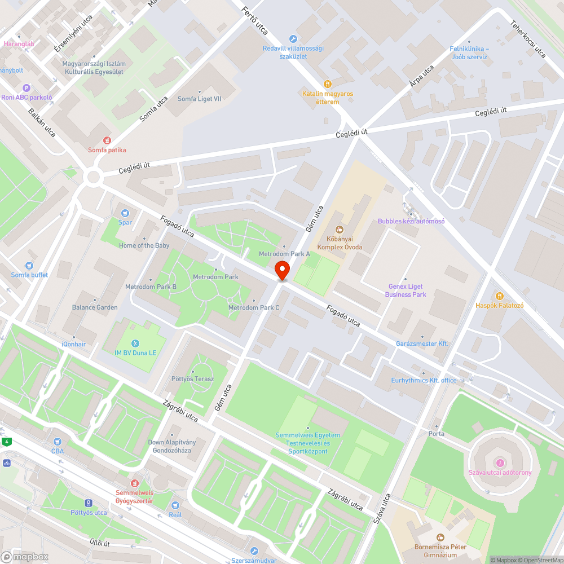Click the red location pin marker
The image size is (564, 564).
(281, 270)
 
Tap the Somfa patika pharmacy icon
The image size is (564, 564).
(107, 140)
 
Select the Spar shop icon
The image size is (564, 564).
(125, 213)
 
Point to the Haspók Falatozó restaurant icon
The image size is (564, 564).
(499, 296)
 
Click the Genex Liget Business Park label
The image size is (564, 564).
(406, 290)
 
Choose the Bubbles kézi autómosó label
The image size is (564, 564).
(411, 221)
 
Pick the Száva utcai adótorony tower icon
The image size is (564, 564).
(500, 463)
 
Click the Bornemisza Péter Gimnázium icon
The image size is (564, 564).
(440, 537)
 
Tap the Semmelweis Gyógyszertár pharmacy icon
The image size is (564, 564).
(134, 483)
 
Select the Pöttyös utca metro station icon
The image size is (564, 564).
(89, 503)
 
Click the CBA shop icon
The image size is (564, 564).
(57, 442)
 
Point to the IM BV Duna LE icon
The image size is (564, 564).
(135, 343)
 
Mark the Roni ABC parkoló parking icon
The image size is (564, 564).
(26, 88)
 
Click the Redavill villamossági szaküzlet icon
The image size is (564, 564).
(293, 39)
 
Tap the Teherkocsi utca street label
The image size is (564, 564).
(528, 39)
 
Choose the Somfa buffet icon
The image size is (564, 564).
(29, 266)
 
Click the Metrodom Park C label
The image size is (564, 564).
(254, 307)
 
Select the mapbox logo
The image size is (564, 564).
(25, 557)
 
